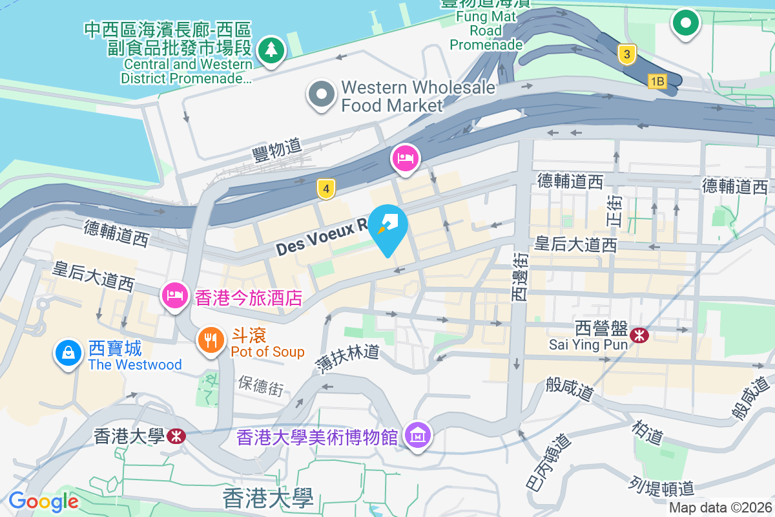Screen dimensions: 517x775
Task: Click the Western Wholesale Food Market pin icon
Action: pyautogui.click(x=322, y=94)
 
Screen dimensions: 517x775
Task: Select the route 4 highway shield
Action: pyautogui.click(x=327, y=189)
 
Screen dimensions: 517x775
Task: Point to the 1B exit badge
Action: pyautogui.click(x=657, y=81)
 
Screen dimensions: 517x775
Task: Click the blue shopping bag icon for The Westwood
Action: pyautogui.click(x=68, y=353)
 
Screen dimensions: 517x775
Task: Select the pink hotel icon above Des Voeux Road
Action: pyautogui.click(x=405, y=158)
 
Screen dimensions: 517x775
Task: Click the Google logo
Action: pyautogui.click(x=43, y=501)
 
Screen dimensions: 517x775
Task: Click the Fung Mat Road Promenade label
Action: pyautogui.click(x=486, y=30)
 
